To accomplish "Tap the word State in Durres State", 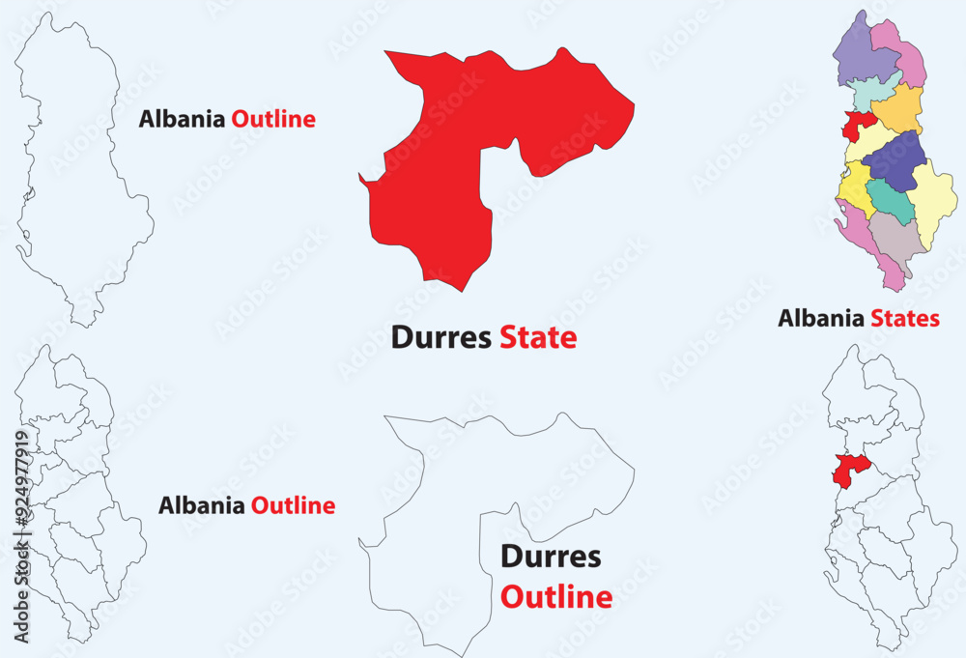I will [x=538, y=337].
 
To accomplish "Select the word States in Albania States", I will [x=905, y=318].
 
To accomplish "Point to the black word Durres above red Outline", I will [x=551, y=557].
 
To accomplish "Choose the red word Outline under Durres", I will [x=556, y=597].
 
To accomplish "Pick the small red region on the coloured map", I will [x=856, y=126].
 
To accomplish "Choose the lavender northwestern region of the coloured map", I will [x=858, y=54].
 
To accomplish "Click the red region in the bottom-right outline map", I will [x=849, y=469].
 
